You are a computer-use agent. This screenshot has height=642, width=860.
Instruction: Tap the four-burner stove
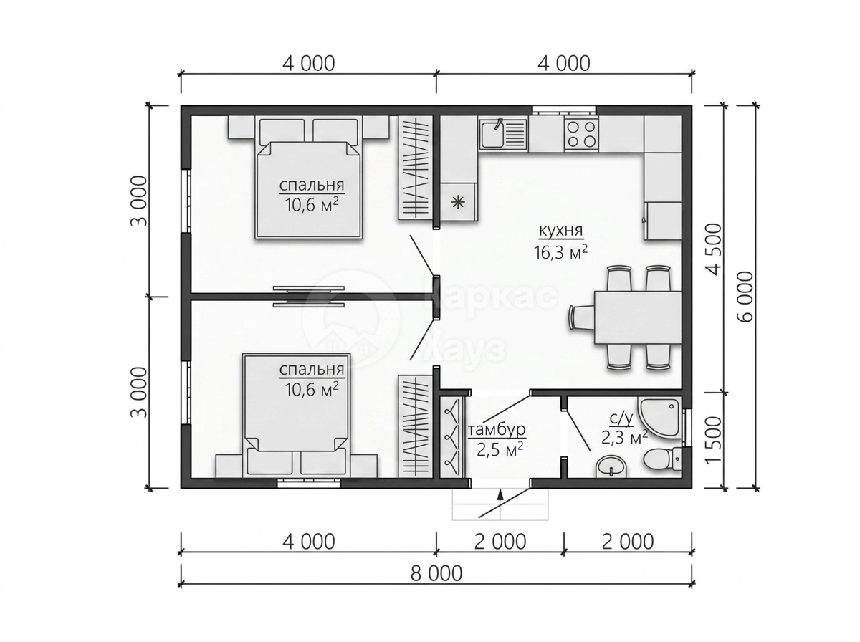point(581,134)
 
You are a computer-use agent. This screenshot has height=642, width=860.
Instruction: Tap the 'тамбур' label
point(497,430)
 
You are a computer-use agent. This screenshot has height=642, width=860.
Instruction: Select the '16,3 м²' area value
point(560,252)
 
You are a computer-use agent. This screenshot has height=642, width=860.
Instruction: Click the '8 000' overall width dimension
point(436,573)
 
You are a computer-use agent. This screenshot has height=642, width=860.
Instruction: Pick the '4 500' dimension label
point(713,249)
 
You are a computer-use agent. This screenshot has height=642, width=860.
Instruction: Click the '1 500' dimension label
point(713,440)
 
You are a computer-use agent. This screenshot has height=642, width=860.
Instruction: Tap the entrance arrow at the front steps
point(500,494)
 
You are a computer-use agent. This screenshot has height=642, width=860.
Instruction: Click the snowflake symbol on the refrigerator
point(458,203)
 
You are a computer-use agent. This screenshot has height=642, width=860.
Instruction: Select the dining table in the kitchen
point(637,317)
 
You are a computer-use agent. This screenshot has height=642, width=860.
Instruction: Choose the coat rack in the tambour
point(451,437)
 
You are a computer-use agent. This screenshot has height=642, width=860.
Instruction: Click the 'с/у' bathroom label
point(621,419)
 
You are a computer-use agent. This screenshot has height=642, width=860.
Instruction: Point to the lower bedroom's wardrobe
point(415,426)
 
